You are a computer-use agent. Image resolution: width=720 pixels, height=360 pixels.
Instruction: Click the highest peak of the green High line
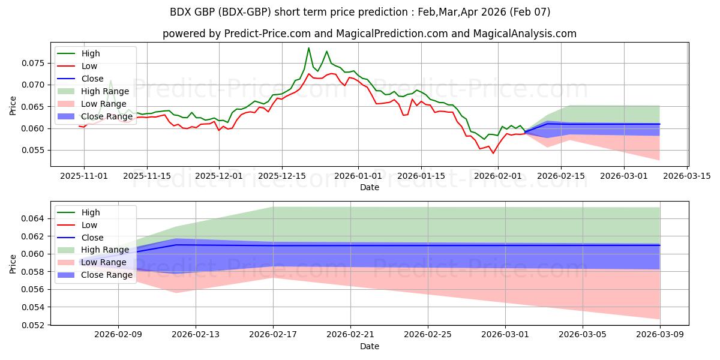[309, 48]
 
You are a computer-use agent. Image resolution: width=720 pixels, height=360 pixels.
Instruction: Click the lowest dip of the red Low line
[493, 153]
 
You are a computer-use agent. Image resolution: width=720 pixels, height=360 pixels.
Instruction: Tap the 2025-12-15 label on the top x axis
[282, 176]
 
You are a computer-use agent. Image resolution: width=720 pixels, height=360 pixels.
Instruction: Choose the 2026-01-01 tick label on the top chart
[358, 176]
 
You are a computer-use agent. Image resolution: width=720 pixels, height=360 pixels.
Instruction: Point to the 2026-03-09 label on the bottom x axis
[660, 335]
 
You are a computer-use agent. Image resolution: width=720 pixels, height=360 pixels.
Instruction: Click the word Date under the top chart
[369, 187]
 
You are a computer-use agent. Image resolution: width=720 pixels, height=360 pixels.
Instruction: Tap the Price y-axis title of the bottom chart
[13, 263]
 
